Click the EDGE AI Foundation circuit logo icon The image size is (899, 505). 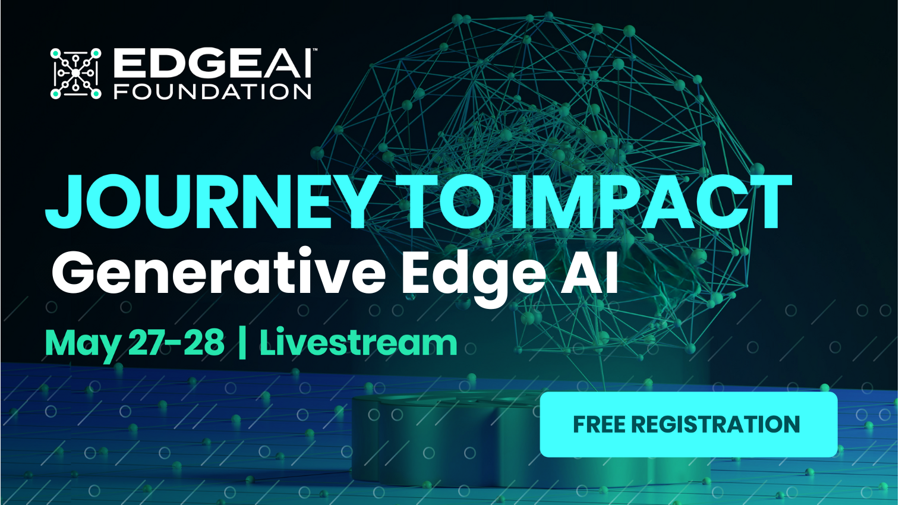click(x=75, y=74)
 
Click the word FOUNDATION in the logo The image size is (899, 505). click(x=212, y=91)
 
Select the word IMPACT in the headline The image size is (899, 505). click(x=651, y=203)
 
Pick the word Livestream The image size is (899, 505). click(x=358, y=343)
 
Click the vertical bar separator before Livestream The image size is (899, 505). click(x=242, y=343)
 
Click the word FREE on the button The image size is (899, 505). click(x=599, y=425)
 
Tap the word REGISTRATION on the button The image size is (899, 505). click(x=715, y=425)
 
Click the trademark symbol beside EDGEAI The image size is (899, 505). click(x=315, y=50)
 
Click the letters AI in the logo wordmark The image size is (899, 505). click(x=288, y=64)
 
